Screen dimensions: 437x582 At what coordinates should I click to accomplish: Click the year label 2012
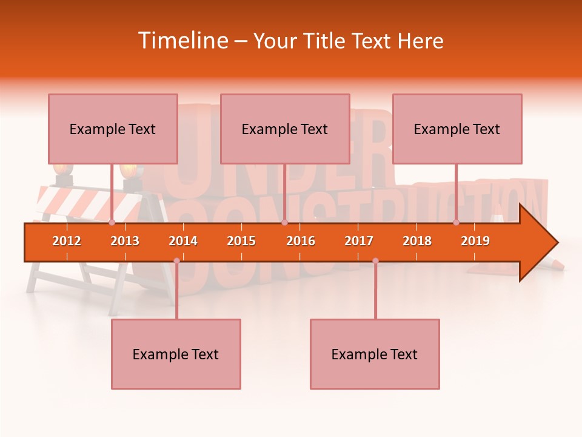pos(67,241)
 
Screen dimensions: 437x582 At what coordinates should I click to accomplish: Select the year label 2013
pos(125,241)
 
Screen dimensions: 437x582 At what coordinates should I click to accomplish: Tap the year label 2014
pos(183,241)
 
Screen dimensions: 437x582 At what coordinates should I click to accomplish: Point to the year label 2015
pos(241,241)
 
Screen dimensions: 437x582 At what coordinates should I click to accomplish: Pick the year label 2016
pos(301,241)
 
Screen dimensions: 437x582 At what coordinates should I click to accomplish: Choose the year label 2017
pos(359,241)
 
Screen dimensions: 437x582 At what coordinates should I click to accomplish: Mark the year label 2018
pos(417,241)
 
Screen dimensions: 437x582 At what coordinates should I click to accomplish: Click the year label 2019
pos(475,241)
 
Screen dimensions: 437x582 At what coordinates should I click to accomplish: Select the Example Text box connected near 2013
pos(113,129)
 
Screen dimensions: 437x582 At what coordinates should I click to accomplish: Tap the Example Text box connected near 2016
pos(285,129)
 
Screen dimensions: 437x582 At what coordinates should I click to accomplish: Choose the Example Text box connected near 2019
pos(457,129)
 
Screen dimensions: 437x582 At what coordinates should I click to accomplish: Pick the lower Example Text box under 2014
pos(176,354)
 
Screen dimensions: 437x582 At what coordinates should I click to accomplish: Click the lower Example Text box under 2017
pos(375,354)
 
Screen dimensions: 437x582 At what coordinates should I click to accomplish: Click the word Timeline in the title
pos(182,41)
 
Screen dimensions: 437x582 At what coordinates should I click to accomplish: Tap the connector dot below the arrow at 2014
pos(176,261)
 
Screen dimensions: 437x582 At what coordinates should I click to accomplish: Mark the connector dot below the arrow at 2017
pos(375,261)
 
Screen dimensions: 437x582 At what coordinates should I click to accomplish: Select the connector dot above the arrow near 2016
pos(284,223)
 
